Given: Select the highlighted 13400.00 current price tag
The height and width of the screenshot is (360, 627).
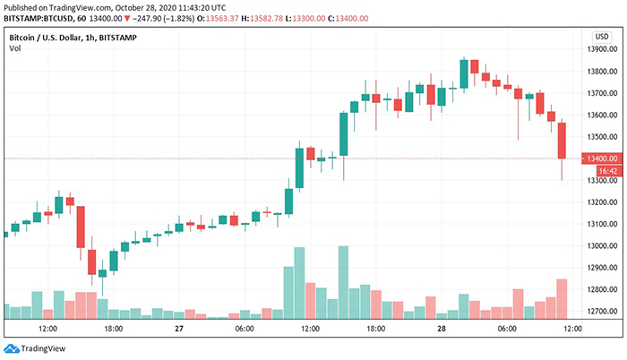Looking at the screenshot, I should coord(597,159).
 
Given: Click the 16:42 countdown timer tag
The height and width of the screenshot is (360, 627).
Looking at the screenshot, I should coord(597,170).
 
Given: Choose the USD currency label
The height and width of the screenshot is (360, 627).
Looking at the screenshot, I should coord(602,36).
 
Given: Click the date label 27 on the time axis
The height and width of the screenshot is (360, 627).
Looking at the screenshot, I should coord(179,330).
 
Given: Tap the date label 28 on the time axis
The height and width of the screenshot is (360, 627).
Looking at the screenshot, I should coord(442,330).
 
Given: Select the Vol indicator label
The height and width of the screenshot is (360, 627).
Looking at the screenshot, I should coord(14,50).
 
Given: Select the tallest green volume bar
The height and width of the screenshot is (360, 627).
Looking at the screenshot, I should coord(343,281).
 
